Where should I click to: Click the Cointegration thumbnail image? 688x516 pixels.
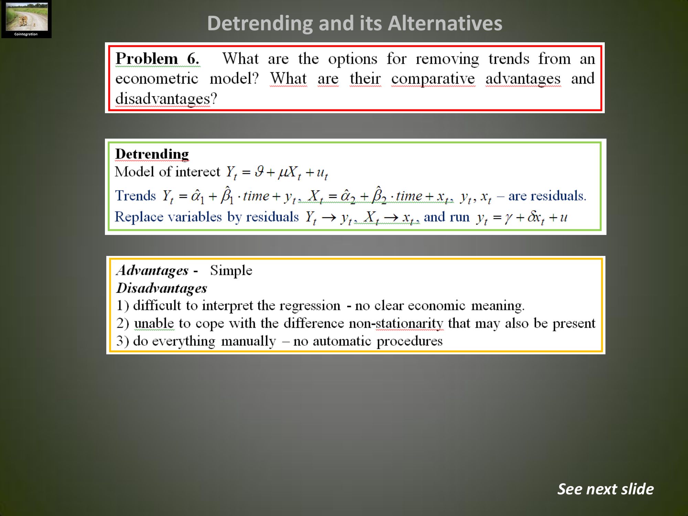click(x=26, y=19)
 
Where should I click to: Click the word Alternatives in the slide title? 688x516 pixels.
click(x=445, y=23)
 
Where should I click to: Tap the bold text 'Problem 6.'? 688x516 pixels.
click(x=157, y=58)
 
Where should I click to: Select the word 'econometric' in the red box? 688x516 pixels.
click(x=157, y=78)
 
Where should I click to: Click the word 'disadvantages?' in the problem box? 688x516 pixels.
click(x=166, y=99)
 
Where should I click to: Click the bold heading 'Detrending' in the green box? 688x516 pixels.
click(x=152, y=154)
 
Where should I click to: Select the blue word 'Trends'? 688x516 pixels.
click(x=136, y=195)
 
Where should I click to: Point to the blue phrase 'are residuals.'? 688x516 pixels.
click(x=547, y=196)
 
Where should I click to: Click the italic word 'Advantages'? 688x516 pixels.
click(x=152, y=270)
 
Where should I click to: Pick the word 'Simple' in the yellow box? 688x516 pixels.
click(x=231, y=270)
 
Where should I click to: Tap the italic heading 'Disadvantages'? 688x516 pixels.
click(x=162, y=288)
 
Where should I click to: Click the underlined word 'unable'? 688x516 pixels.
click(x=154, y=323)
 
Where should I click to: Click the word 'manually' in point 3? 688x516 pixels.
click(x=248, y=341)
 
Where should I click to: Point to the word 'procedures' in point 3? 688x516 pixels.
click(x=409, y=341)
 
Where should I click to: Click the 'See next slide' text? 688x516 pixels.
click(x=605, y=489)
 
